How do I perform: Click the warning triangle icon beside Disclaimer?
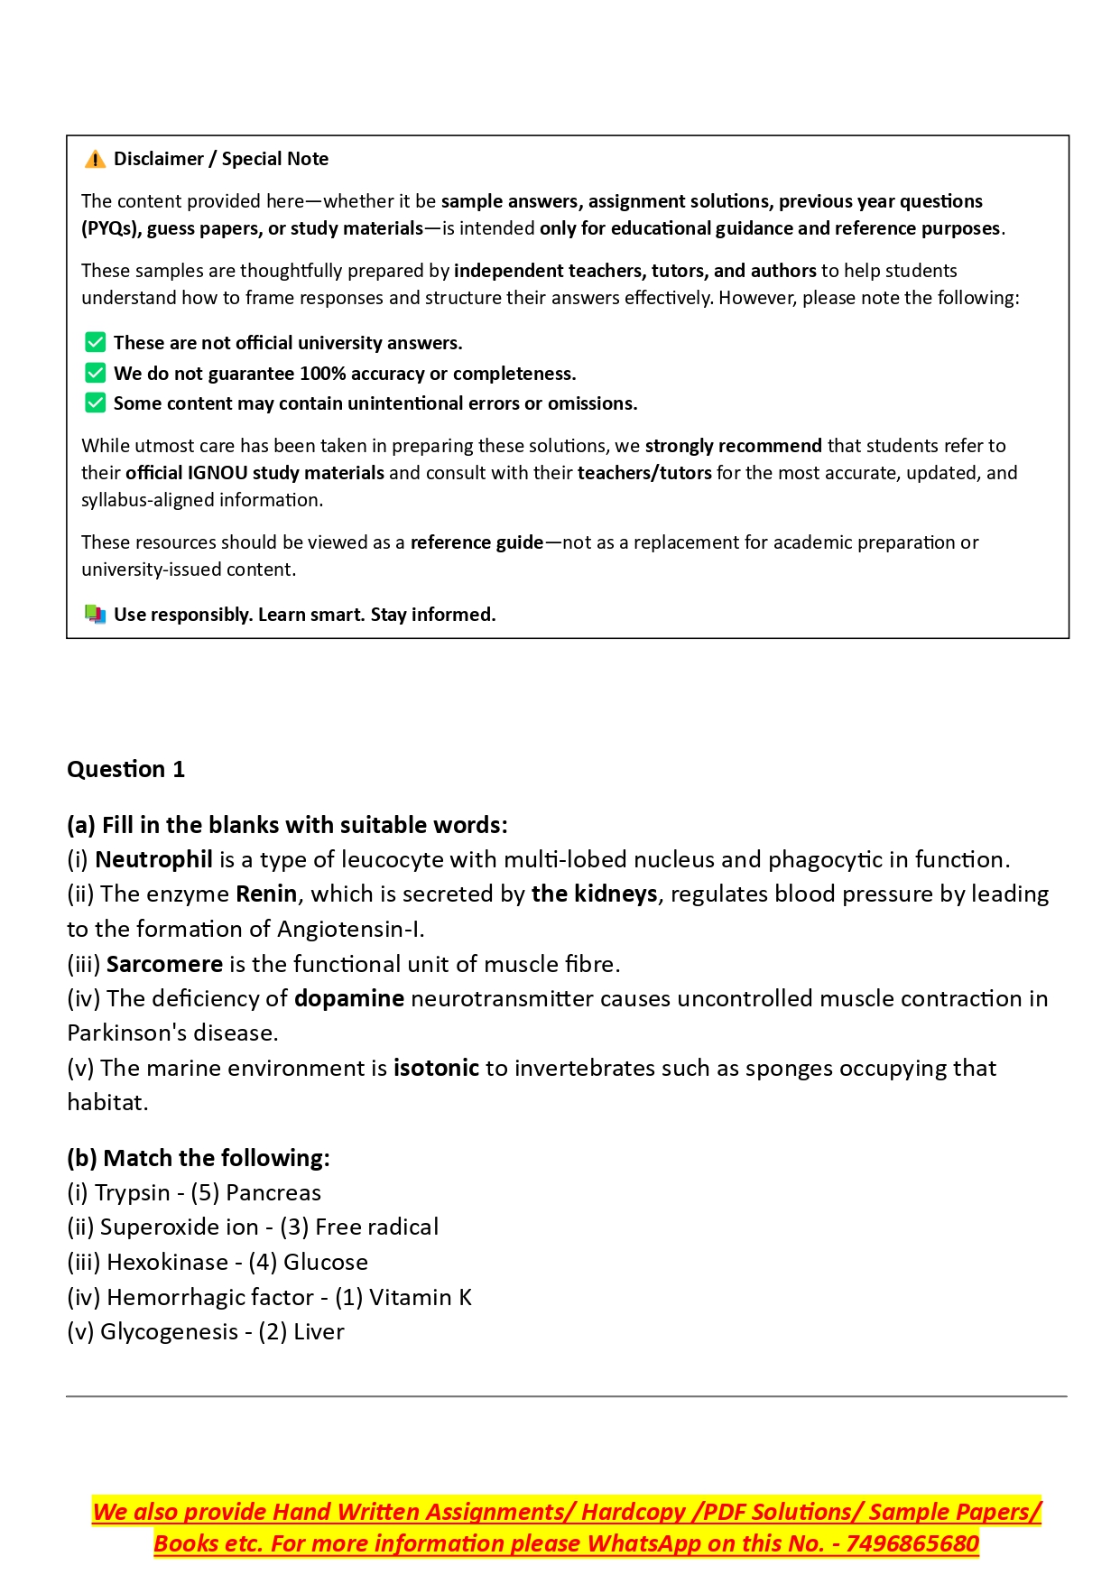point(95,160)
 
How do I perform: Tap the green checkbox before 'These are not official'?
point(95,343)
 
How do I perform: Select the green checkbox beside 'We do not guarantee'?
point(95,373)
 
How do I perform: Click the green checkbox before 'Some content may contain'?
point(95,403)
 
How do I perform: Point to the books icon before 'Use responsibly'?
point(95,615)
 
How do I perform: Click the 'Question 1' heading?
point(125,769)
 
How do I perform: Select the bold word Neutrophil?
point(153,859)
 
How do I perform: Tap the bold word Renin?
point(266,894)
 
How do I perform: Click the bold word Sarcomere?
point(164,964)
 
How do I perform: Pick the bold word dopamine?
point(349,998)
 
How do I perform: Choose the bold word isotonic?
point(436,1068)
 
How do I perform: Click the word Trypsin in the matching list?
point(133,1192)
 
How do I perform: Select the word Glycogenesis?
point(169,1331)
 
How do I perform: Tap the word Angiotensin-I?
point(349,929)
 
